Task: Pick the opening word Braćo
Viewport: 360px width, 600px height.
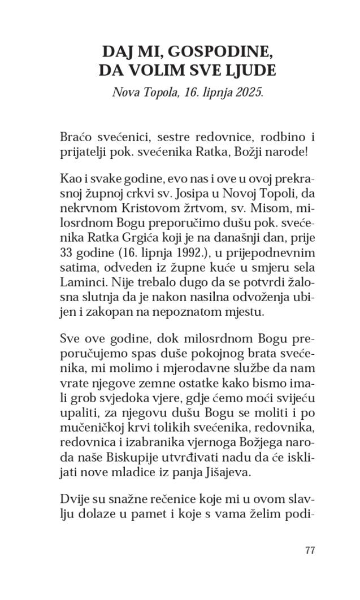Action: click(x=75, y=137)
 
